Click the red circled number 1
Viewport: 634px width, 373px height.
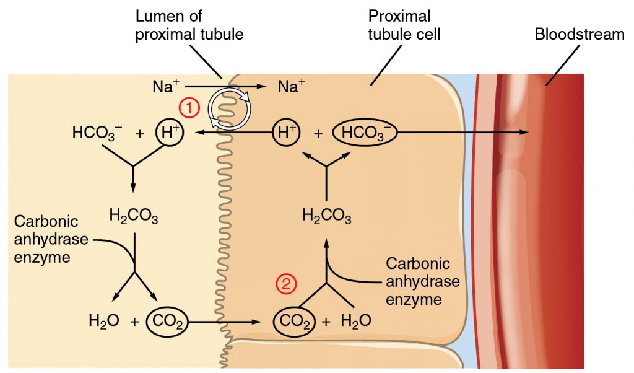189,107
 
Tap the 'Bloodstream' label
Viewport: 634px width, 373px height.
580,34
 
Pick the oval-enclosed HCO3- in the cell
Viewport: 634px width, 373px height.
364,133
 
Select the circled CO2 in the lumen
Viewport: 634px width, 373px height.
166,321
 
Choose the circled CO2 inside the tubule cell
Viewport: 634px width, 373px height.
293,321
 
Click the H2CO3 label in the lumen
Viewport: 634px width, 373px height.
133,216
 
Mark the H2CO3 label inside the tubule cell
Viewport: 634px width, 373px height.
327,216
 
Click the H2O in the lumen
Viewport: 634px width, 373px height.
103,321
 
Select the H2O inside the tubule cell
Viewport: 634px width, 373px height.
356,321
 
